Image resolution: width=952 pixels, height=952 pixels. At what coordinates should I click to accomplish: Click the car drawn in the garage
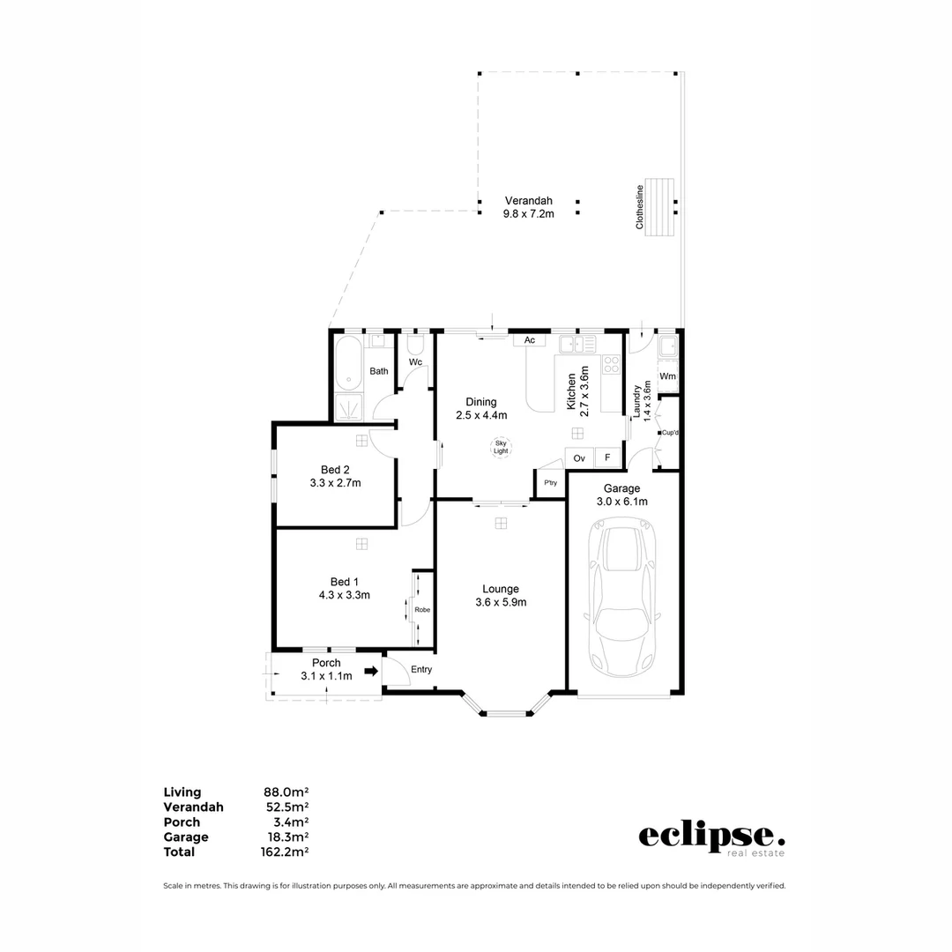[623, 599]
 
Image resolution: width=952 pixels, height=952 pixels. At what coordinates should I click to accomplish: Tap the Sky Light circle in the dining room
[501, 447]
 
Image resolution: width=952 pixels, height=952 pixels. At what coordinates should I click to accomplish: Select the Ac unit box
[529, 340]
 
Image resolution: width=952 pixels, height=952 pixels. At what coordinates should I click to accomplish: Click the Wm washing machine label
[667, 376]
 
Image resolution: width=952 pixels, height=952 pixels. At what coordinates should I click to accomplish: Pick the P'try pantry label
[550, 483]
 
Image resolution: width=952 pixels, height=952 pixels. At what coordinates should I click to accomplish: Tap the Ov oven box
[579, 457]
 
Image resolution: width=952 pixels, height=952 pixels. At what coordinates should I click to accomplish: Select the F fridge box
[606, 457]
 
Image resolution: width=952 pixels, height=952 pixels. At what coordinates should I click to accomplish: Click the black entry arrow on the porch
[371, 671]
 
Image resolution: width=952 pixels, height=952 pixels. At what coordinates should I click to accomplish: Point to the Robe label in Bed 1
[422, 609]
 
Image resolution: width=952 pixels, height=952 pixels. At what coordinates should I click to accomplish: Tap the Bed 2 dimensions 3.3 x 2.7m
[335, 483]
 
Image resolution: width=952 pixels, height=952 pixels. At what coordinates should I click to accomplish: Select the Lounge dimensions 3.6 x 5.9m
[500, 603]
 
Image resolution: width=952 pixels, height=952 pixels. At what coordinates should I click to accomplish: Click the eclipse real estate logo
[710, 838]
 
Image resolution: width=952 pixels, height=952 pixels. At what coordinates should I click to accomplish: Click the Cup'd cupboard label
[669, 433]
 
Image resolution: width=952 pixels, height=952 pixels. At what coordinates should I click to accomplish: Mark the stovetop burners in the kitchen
[611, 364]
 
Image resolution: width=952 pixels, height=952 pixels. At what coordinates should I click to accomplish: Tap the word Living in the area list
[182, 792]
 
